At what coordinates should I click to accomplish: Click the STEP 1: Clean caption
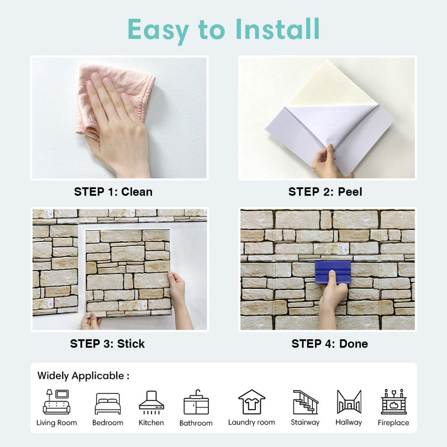pos(113,192)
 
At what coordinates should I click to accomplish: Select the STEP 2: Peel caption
pos(325,192)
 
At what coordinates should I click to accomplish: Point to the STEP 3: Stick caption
pos(107,344)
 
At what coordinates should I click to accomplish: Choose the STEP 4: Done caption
pos(330,344)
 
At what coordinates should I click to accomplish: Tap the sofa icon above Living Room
pos(56,402)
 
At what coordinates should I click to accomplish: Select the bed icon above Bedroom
pos(107,403)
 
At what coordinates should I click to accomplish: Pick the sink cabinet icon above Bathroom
pos(196,402)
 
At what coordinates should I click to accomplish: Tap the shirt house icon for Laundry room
pos(251,402)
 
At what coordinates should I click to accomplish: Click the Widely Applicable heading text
pos(83,376)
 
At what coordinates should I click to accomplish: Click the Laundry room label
pos(251,422)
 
